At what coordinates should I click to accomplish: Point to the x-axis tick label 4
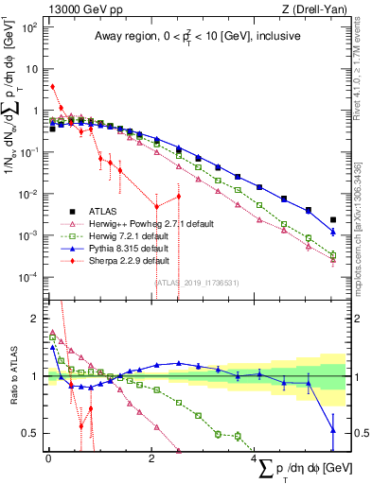pyautogui.click(x=254, y=459)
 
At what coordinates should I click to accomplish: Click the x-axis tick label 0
pyautogui.click(x=48, y=459)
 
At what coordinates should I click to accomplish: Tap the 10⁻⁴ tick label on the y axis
pyautogui.click(x=29, y=276)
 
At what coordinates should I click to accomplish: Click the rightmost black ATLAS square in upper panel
pyautogui.click(x=332, y=219)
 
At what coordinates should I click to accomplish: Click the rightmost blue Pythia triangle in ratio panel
pyautogui.click(x=332, y=430)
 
